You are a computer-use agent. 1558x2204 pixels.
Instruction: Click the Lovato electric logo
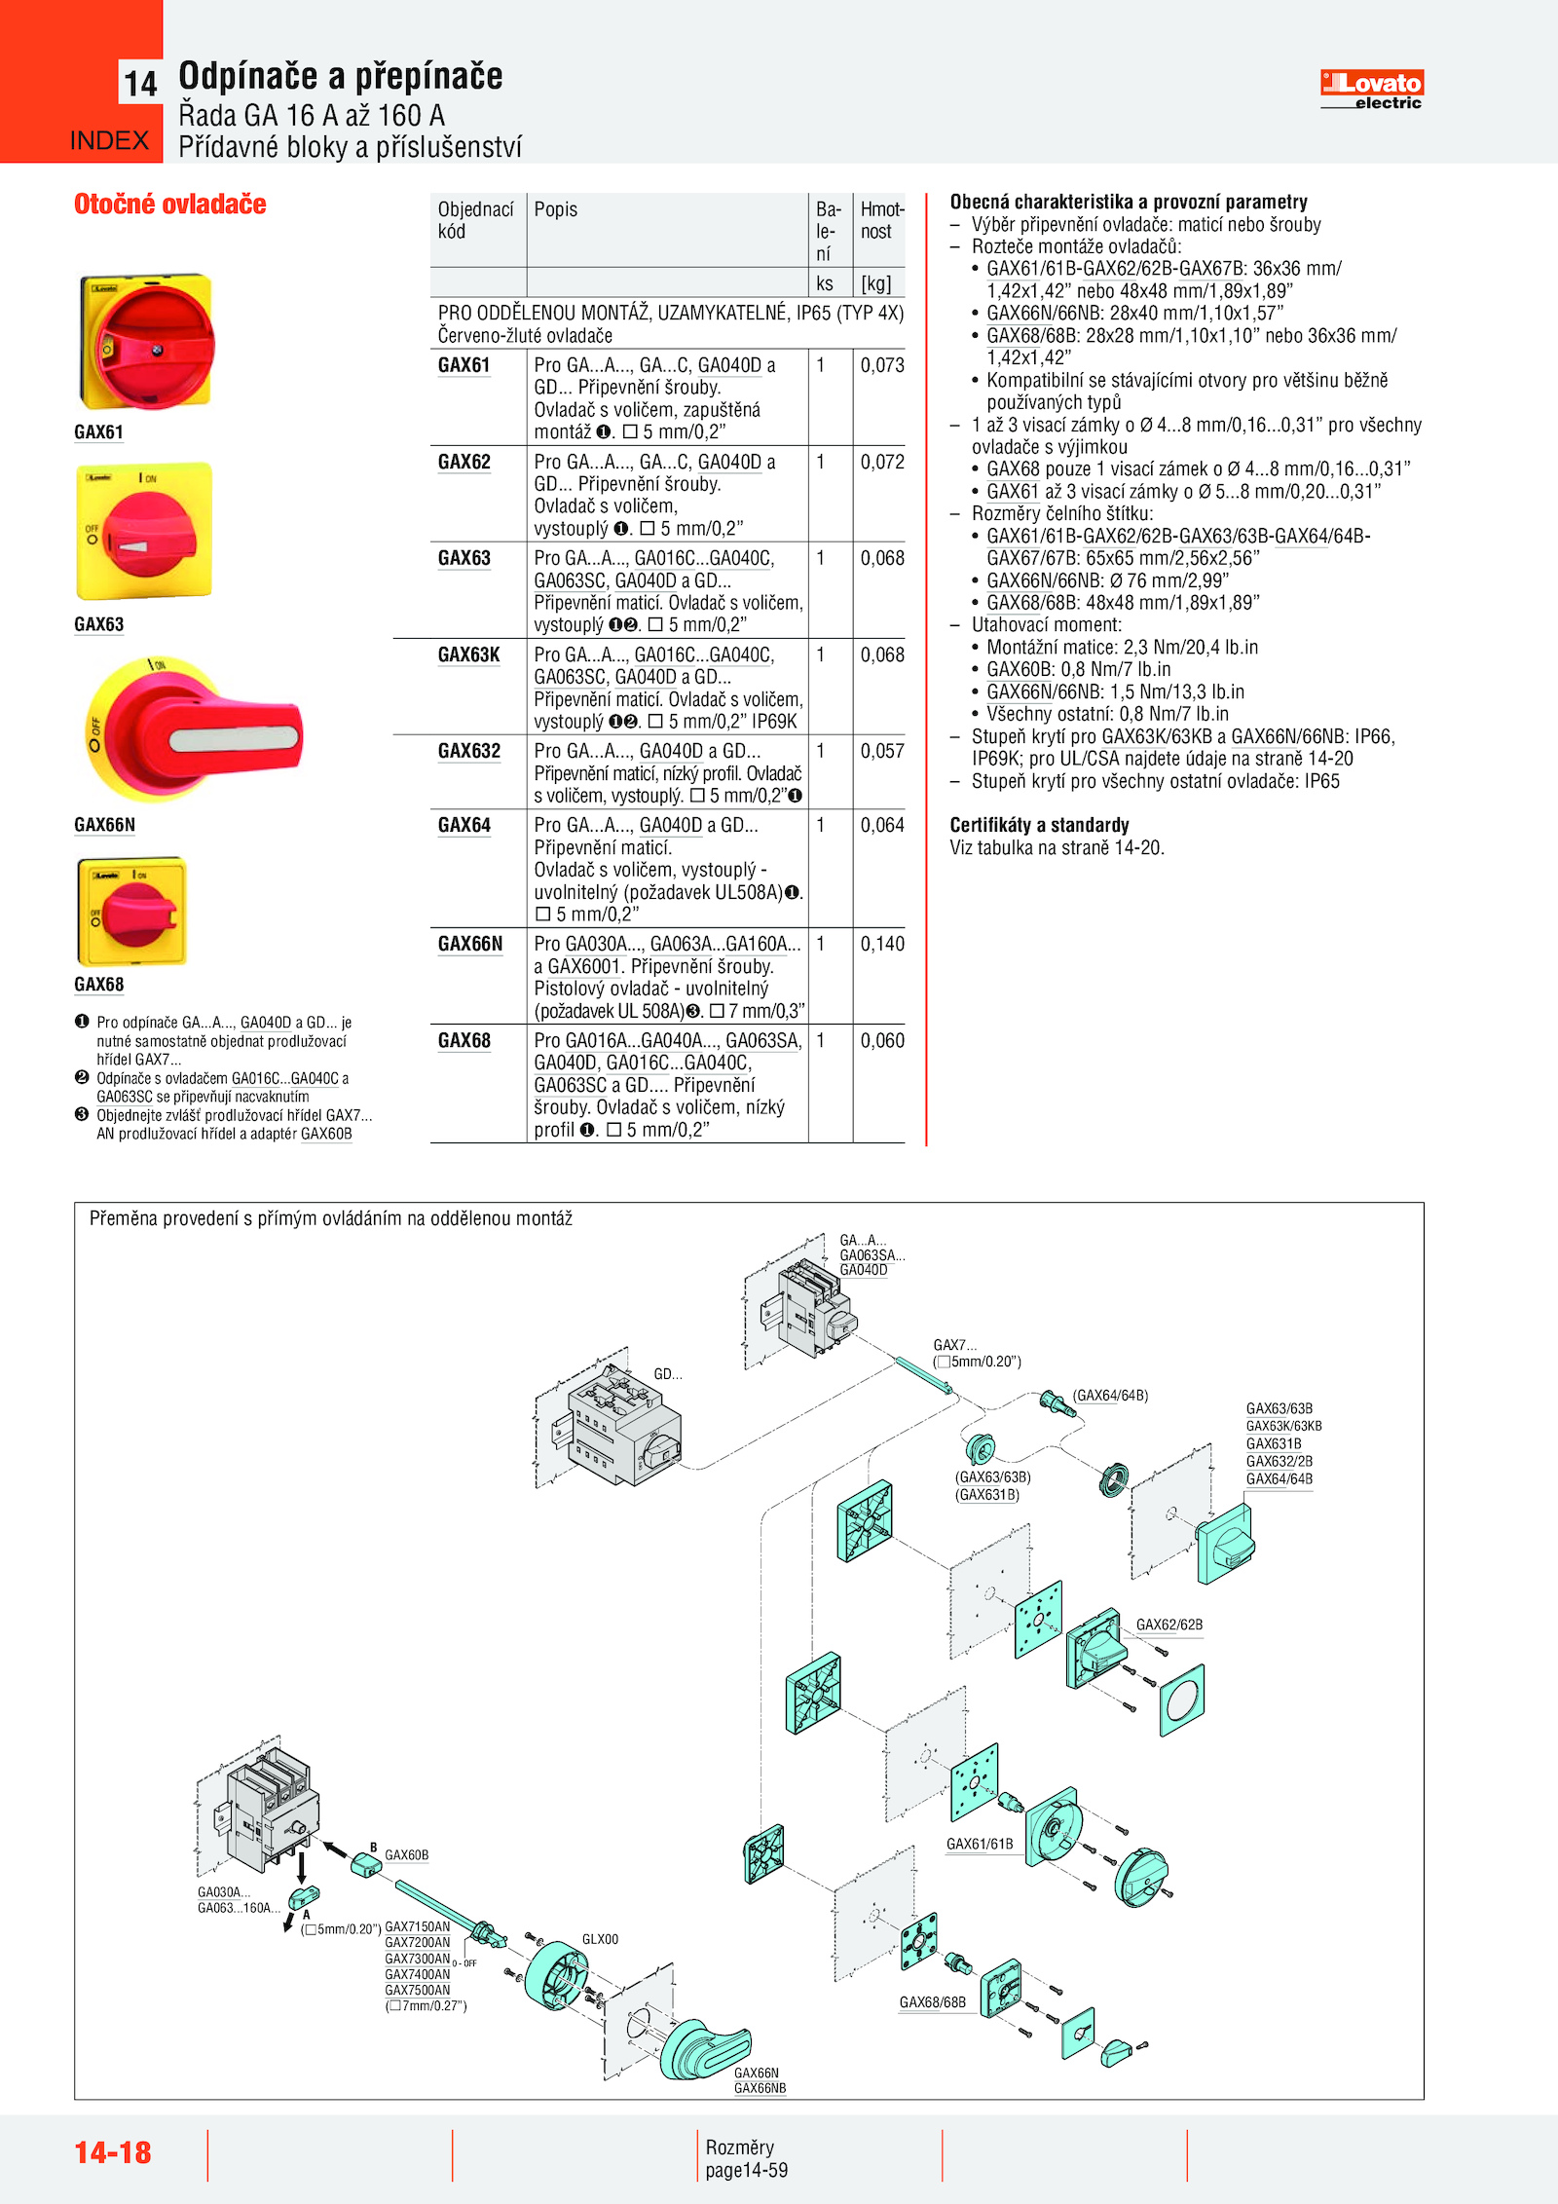tap(1371, 90)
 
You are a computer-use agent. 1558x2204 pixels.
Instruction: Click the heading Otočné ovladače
tap(170, 205)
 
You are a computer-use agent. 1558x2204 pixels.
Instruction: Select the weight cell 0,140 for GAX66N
tap(881, 944)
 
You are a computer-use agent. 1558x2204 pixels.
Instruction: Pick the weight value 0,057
tap(881, 751)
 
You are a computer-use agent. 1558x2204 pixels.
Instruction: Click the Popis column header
tap(556, 209)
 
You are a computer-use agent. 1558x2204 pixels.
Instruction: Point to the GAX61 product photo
tap(145, 342)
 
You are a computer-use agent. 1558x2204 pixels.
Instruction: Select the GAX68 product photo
tap(131, 912)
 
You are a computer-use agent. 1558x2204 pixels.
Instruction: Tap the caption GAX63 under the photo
tap(99, 624)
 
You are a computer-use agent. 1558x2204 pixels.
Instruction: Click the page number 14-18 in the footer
tap(113, 2151)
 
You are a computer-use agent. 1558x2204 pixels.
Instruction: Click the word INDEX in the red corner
tap(109, 141)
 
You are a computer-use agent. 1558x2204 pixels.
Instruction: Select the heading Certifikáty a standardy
tap(1039, 825)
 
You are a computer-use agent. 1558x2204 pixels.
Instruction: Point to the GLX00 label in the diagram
tap(600, 1939)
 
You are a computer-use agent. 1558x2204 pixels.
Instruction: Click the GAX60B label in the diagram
tap(406, 1855)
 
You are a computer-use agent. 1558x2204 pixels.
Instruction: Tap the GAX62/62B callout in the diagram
tap(1168, 1625)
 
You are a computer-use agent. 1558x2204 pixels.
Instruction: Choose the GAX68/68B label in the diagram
tap(932, 2002)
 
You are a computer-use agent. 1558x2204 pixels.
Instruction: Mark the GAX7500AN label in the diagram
tap(417, 1990)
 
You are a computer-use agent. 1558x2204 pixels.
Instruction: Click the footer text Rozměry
tap(739, 2148)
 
